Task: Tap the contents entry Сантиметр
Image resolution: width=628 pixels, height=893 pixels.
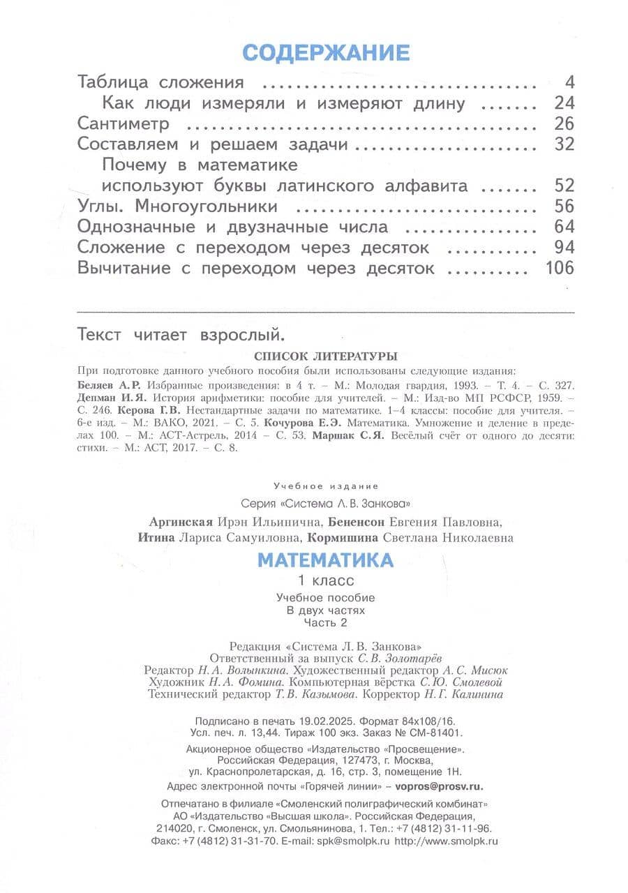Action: pyautogui.click(x=124, y=124)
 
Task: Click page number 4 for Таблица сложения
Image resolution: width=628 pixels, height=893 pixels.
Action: pyautogui.click(x=569, y=82)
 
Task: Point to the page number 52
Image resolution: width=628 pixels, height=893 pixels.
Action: pyautogui.click(x=564, y=186)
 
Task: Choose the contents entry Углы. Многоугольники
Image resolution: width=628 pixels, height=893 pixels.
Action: pyautogui.click(x=177, y=207)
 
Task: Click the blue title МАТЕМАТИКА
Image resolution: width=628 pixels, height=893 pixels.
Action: pyautogui.click(x=326, y=560)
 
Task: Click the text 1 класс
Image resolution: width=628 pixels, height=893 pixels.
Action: pyautogui.click(x=326, y=580)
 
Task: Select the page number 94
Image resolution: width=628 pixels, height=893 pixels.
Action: pyautogui.click(x=564, y=248)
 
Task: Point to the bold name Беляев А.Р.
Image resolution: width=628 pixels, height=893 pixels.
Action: pyautogui.click(x=110, y=384)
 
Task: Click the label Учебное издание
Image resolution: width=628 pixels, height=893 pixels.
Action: pyautogui.click(x=326, y=486)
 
